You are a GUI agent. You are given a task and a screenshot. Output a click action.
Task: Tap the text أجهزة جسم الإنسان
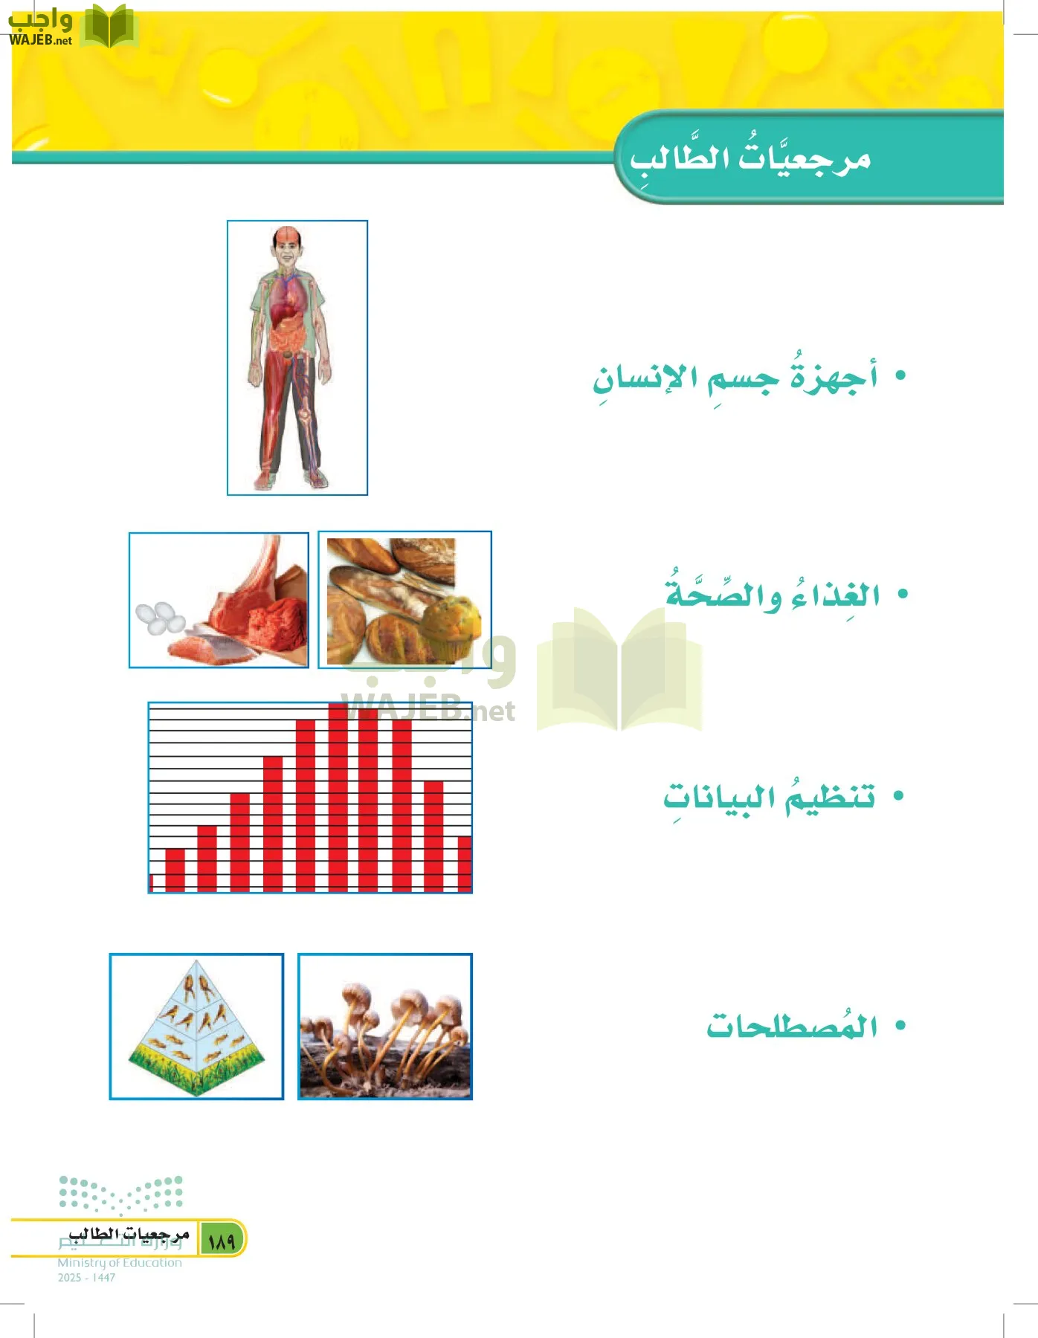coord(735,378)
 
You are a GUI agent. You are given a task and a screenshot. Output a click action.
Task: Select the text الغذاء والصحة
coord(773,595)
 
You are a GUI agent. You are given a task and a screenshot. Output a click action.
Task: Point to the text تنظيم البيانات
coord(770,798)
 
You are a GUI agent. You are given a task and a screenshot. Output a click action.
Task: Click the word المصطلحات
coord(792,1027)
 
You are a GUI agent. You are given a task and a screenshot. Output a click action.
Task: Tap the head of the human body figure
coord(288,245)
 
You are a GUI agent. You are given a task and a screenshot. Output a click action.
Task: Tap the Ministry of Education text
coord(120,1262)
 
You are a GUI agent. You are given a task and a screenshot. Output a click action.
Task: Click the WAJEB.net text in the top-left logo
coord(41,40)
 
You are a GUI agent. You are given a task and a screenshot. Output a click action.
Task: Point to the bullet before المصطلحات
coord(900,1026)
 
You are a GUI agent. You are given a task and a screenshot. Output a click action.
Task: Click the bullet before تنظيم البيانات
coord(898,796)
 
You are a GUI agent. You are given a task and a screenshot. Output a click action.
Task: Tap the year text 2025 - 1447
coord(86,1277)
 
